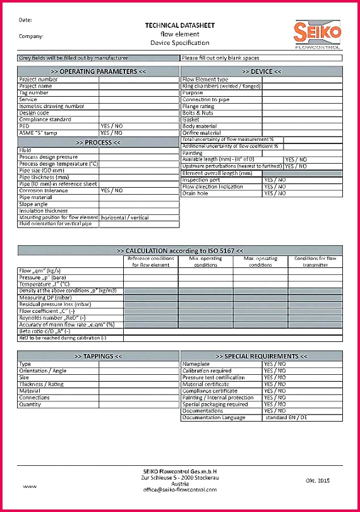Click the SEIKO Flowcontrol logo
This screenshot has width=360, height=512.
318,35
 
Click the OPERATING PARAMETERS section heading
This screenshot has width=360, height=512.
98,72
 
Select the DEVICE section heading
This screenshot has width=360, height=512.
261,72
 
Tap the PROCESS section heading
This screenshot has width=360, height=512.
98,143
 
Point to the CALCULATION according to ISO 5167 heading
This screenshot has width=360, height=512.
180,250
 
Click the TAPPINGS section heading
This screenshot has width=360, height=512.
98,357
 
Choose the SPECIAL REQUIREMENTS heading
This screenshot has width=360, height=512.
261,357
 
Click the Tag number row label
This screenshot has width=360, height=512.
34,93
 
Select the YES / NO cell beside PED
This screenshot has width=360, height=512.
112,126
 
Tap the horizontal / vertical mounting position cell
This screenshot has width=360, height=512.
125,217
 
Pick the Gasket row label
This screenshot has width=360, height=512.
191,119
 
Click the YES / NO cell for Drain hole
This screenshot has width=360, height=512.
275,193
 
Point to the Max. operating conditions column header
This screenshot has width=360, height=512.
260,262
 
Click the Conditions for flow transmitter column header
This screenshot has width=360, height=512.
315,262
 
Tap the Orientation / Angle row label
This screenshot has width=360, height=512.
43,370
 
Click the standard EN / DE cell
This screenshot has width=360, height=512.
286,417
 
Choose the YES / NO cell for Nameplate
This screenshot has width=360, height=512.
275,364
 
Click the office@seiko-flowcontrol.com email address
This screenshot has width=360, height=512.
180,489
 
